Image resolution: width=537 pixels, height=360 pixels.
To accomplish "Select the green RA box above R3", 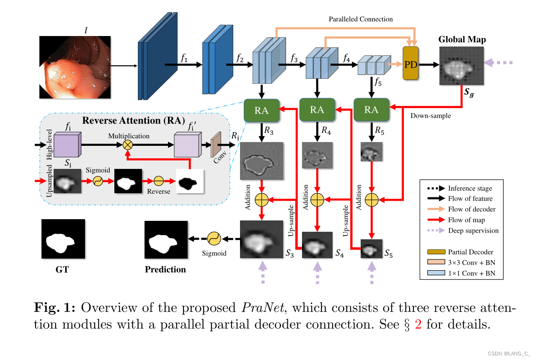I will click(262, 110).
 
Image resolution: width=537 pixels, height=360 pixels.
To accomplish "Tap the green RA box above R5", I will click(371, 110).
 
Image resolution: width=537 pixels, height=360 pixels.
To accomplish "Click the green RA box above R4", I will click(317, 110).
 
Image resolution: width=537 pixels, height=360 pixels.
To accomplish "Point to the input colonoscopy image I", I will click(75, 67).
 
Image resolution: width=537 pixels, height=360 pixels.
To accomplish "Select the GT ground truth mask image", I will click(63, 239).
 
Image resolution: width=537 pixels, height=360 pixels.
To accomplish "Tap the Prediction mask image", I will click(165, 239).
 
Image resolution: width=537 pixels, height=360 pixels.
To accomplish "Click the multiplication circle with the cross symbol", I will click(127, 145).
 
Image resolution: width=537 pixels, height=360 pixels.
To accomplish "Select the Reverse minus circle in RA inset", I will click(158, 181).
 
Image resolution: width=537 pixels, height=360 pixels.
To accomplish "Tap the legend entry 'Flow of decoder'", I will click(472, 209).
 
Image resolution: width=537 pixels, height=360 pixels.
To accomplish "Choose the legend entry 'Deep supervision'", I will click(473, 231).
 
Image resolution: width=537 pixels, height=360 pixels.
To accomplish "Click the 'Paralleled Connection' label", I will click(361, 19).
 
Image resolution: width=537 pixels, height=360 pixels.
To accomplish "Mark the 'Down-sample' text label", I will click(431, 116).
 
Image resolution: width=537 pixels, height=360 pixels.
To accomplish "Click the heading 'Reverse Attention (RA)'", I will click(134, 121).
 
